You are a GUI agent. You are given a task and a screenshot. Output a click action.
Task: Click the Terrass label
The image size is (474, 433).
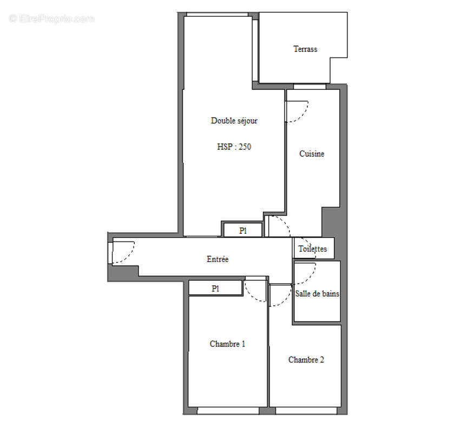(x=305, y=49)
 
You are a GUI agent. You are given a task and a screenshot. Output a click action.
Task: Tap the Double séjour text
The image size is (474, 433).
(x=234, y=121)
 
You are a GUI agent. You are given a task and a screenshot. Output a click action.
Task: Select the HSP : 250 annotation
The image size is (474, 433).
(x=234, y=146)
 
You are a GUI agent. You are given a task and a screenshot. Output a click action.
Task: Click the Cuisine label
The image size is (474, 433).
(x=312, y=154)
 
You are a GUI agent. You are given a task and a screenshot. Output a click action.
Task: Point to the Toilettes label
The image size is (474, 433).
(x=313, y=249)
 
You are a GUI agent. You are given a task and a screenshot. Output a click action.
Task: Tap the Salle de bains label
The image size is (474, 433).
(x=317, y=293)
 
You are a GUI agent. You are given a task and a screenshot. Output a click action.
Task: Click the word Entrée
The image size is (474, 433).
(x=218, y=259)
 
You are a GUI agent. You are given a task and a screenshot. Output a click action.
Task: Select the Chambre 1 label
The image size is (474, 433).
(x=227, y=344)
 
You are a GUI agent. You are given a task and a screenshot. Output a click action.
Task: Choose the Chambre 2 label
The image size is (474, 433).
(x=306, y=359)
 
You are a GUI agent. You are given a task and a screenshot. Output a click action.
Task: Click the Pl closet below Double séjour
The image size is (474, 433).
(x=243, y=230)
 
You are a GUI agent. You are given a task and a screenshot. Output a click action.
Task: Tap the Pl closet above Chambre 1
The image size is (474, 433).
(x=215, y=288)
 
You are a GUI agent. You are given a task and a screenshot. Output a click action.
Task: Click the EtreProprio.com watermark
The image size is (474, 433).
(x=51, y=19)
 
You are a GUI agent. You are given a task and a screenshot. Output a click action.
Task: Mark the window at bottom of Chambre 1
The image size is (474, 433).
(x=227, y=411)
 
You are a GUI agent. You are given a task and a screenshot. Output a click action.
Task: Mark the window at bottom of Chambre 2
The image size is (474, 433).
(x=306, y=411)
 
